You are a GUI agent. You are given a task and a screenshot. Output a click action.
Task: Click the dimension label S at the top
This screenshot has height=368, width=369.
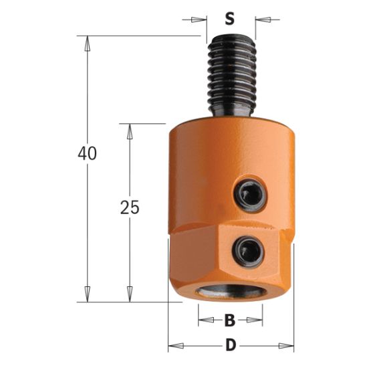230,19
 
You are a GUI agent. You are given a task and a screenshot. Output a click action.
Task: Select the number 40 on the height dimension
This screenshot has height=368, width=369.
87,153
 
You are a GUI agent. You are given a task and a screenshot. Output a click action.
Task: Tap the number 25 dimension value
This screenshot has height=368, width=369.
129,207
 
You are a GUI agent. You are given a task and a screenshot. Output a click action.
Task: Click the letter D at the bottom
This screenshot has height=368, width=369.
230,347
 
